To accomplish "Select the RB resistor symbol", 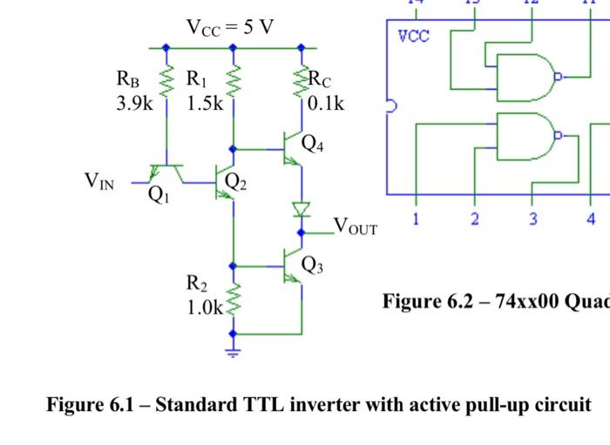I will [x=164, y=84].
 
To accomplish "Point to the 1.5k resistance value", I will [x=205, y=104].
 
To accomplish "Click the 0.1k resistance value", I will [x=326, y=104].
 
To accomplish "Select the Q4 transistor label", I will [x=313, y=144].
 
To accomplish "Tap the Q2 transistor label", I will [x=236, y=181].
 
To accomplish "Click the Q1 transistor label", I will [x=158, y=195].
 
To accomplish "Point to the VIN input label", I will [x=98, y=181].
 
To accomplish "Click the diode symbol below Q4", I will [x=302, y=209].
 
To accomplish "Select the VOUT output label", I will [x=356, y=228].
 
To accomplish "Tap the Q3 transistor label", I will [x=313, y=265].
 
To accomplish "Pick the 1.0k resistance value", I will [x=205, y=308].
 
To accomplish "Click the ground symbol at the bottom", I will [x=233, y=352].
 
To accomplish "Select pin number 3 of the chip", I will [x=532, y=218].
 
